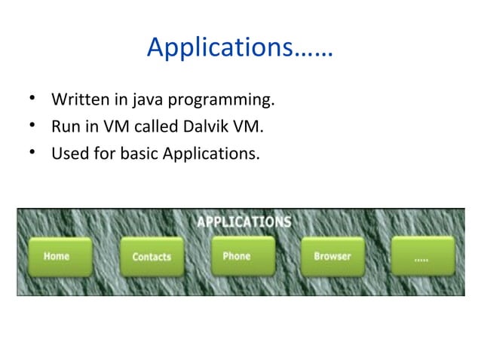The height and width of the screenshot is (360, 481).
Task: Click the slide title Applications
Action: [x=240, y=48]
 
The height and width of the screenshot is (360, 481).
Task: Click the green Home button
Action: [x=60, y=257]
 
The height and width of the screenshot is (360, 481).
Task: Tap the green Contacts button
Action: [x=152, y=258]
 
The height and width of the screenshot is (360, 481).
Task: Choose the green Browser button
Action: [x=332, y=257]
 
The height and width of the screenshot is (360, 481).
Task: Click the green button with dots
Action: [x=423, y=257]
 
